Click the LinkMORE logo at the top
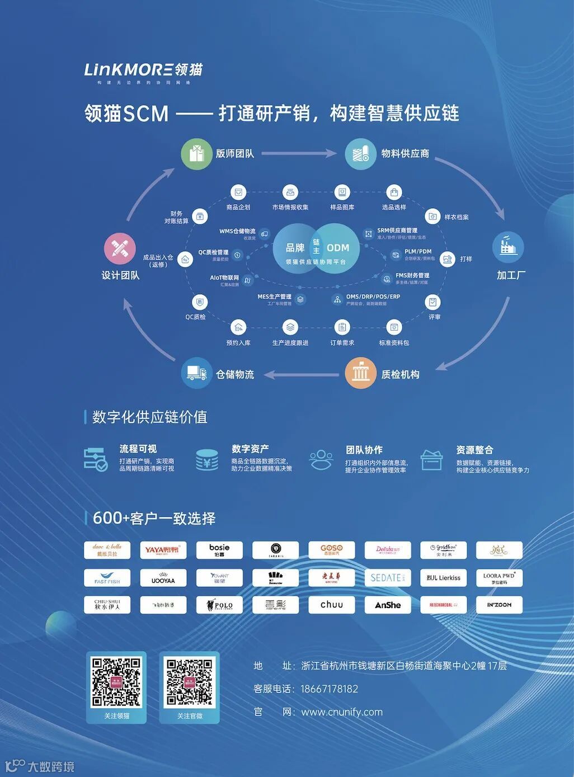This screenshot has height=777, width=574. pos(143,71)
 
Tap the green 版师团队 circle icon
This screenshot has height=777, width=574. pos(196,153)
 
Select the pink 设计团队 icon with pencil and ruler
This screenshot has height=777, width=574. pos(120,248)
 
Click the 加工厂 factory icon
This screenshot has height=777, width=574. pos(508,247)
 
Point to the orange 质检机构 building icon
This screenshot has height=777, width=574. pos(360,373)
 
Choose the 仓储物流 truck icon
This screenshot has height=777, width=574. pos(196,373)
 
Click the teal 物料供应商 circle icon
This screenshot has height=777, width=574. pos(360,153)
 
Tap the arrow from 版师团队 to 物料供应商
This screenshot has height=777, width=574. pos(299,153)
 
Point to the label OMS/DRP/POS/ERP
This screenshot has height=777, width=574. pos(373,296)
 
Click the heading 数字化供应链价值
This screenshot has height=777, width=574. pos(149,417)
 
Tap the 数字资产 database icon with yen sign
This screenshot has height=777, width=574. pos(207,460)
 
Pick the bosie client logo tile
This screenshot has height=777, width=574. pos(219,550)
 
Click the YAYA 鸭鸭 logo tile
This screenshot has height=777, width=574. pos(163,550)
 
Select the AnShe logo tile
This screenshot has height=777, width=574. pos(388,605)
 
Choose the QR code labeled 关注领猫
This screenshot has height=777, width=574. pos(116,682)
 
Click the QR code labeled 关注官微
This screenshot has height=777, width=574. pos(190,682)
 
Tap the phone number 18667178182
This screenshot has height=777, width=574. pos(329,689)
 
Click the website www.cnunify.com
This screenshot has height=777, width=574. pos(342,712)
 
